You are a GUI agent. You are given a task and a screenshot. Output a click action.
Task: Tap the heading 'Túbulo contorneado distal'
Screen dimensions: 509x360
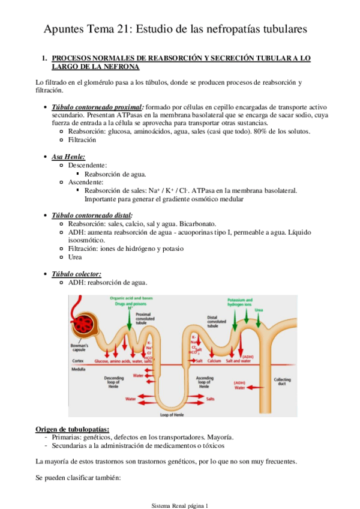tap(92, 215)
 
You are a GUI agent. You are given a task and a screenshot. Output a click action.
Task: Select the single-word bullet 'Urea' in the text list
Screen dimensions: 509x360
tap(76, 257)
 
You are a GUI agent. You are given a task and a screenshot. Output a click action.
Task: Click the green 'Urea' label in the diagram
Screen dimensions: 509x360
tap(259, 310)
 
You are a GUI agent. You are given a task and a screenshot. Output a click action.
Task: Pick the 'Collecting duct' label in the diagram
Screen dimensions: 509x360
tap(282, 382)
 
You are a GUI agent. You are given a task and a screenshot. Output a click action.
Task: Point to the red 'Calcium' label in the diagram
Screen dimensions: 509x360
tap(215, 361)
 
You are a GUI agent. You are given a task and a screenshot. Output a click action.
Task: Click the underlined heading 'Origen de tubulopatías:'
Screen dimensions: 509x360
tap(72, 429)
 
